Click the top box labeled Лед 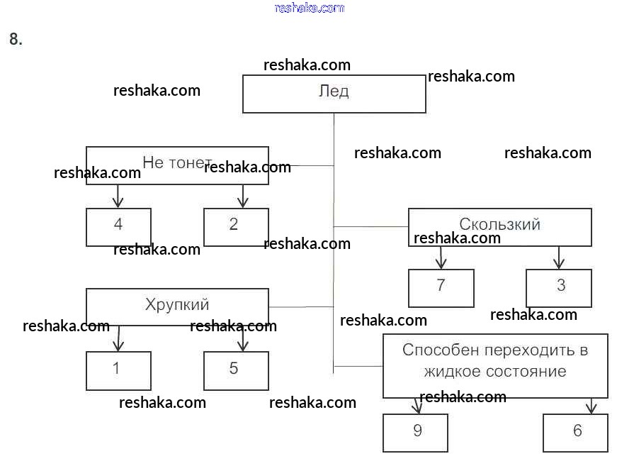click(334, 94)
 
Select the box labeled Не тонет click(177, 165)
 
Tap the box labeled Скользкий click(499, 226)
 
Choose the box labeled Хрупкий click(177, 306)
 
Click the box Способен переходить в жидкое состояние click(494, 365)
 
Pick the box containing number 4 click(118, 226)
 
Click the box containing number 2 click(236, 226)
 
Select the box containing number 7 click(441, 287)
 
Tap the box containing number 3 click(558, 287)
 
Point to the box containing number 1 click(118, 370)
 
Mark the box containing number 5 click(236, 370)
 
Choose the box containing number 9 click(415, 432)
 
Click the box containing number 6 click(575, 432)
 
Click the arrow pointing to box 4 click(118, 196)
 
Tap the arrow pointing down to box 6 click(591, 406)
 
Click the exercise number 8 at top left click(16, 40)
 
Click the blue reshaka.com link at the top click(309, 8)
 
